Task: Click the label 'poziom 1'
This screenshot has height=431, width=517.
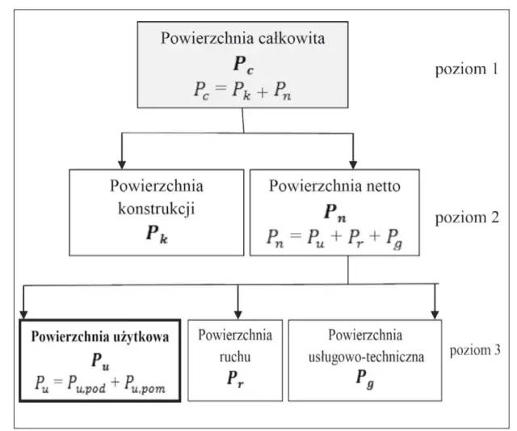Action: point(467,68)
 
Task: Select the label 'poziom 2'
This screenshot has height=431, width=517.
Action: point(468,219)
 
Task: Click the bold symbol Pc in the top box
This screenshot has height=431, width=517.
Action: point(243,65)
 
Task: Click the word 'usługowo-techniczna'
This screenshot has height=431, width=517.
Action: point(365,354)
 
